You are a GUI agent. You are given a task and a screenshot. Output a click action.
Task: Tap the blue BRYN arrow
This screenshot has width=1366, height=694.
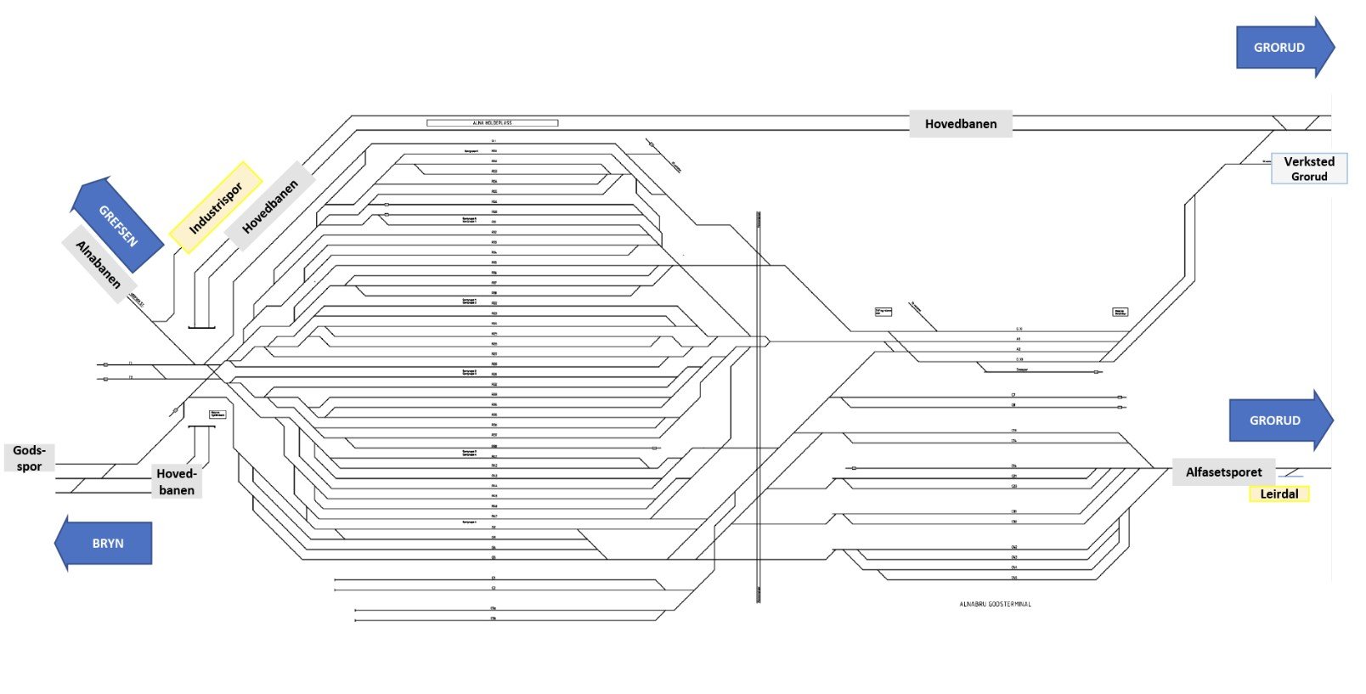[x=104, y=544]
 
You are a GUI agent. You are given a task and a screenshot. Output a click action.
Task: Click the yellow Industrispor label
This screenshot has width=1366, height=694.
[x=216, y=207]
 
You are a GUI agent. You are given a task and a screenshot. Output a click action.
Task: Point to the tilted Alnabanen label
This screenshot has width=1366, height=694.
[x=99, y=264]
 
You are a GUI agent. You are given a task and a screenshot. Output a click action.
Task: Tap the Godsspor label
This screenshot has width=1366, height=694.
[x=29, y=458]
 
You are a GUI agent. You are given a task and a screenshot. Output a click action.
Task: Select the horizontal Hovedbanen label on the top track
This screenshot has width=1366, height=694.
[x=960, y=124]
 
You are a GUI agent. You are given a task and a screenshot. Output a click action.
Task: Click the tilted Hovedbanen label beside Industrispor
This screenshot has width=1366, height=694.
[x=270, y=206]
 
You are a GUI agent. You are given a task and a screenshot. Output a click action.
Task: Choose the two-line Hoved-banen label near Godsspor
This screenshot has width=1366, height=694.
[x=177, y=482]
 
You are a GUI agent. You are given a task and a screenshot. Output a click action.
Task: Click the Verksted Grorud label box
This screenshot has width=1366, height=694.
[x=1308, y=168]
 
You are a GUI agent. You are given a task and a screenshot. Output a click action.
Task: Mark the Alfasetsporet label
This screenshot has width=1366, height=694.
[x=1223, y=472]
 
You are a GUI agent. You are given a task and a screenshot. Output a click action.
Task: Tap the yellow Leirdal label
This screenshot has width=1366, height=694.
[x=1279, y=494]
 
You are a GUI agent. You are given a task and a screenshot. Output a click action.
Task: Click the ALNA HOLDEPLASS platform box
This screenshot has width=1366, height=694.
[x=492, y=123]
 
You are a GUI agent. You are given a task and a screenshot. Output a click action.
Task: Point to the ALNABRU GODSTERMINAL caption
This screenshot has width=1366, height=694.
[x=995, y=604]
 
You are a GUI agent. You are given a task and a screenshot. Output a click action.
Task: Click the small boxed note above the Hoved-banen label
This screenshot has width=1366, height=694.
[x=217, y=415]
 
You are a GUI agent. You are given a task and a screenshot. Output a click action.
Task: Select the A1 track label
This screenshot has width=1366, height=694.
[x=1019, y=339]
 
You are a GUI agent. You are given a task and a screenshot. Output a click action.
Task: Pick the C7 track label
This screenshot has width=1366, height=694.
[x=1013, y=395]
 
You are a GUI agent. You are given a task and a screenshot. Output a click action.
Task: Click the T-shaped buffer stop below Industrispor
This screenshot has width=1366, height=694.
[x=201, y=327]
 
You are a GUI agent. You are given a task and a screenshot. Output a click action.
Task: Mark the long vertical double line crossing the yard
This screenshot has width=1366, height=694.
[x=759, y=408]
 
